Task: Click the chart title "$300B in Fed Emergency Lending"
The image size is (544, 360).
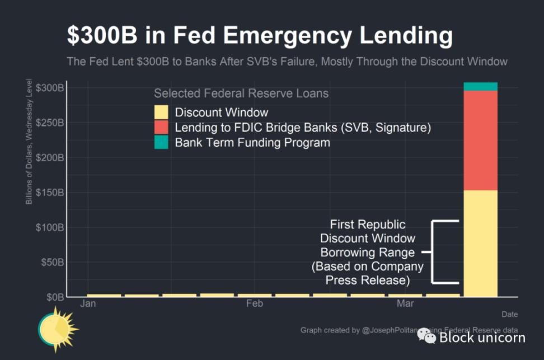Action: tap(259, 35)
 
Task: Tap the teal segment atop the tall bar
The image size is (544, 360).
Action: tap(480, 86)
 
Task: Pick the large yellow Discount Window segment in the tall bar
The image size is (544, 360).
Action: tap(480, 244)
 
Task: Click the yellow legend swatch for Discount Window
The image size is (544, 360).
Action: tap(162, 113)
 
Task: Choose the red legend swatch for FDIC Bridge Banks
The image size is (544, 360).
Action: tap(162, 128)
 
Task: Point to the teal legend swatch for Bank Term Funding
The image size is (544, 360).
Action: tap(162, 143)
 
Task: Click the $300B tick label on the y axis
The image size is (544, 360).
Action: tap(50, 88)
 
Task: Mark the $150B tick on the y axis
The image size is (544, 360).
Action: tap(50, 193)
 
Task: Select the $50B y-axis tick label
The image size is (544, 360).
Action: tap(51, 262)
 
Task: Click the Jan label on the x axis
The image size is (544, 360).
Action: tap(88, 304)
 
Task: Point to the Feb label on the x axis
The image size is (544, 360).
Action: tap(254, 304)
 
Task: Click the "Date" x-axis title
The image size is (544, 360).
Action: tap(509, 314)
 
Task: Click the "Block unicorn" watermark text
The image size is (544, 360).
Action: tap(482, 337)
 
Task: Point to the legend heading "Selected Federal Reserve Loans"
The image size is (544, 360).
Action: tap(241, 93)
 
